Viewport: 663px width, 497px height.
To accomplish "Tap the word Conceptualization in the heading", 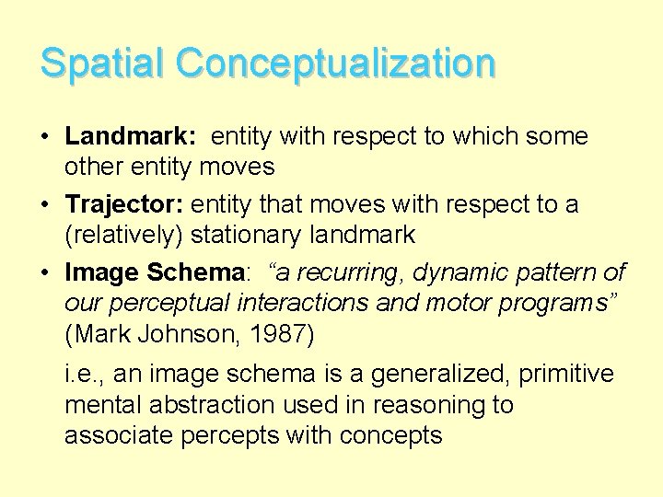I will pyautogui.click(x=336, y=63).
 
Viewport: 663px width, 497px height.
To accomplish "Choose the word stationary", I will pyautogui.click(x=247, y=235).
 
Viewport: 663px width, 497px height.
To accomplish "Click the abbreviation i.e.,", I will pyautogui.click(x=84, y=374).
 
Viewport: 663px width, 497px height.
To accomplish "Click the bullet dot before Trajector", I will pyautogui.click(x=46, y=204).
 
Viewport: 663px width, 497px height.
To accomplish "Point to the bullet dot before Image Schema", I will pyautogui.click(x=46, y=272).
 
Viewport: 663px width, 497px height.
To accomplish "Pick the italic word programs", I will pyautogui.click(x=549, y=304).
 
